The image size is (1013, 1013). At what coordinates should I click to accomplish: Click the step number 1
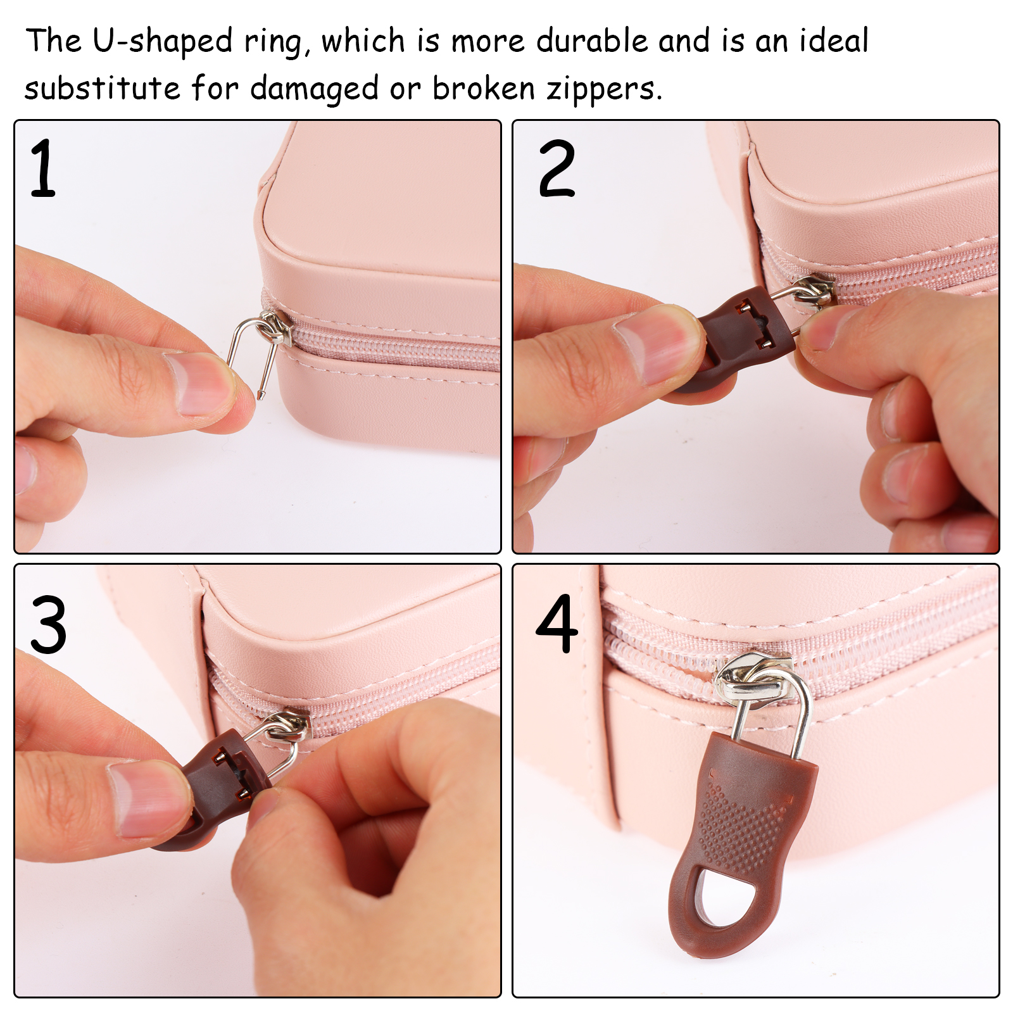(43, 168)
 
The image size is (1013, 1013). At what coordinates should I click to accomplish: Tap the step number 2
(557, 168)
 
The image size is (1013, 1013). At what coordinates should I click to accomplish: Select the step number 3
(48, 625)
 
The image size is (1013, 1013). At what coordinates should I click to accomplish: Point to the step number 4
(557, 624)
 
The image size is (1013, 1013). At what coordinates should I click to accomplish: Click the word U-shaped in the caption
(163, 41)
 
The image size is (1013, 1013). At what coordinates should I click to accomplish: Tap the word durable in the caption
(593, 41)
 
